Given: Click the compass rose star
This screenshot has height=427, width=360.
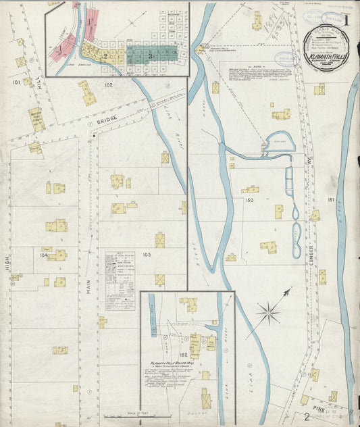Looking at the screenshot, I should coord(269,312).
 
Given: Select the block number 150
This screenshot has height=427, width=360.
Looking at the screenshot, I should coord(249,201).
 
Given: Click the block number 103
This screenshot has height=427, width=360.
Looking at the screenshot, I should coord(147,255).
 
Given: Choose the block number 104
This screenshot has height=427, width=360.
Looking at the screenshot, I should coord(45,255).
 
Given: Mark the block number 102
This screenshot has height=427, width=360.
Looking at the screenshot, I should coord(109,85).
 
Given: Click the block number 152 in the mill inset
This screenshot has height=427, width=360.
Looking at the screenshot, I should coord(182,354).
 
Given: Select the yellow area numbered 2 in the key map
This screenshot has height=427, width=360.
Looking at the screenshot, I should coord(105,55).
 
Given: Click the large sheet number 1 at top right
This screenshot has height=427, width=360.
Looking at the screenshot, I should coord(346,20).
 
